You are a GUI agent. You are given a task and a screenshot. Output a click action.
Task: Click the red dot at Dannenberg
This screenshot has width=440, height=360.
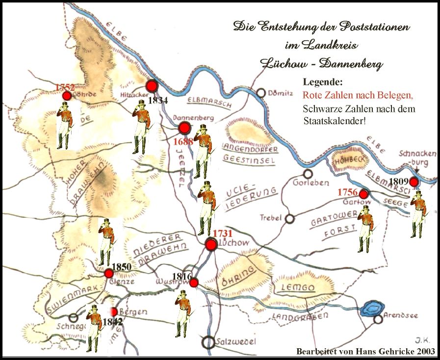(184, 129)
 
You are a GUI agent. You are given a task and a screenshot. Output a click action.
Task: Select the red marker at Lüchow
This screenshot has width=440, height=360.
(211, 245)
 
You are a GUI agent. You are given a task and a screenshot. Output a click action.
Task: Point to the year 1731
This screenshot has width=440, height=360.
(222, 234)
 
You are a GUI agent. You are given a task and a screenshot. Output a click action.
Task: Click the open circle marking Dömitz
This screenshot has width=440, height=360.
(261, 93)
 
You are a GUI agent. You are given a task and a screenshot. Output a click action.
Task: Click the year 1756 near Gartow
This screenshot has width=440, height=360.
(347, 192)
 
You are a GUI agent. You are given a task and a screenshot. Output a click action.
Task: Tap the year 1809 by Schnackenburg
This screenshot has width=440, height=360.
(398, 181)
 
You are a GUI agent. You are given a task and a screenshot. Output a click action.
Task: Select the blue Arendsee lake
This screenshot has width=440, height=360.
(371, 309)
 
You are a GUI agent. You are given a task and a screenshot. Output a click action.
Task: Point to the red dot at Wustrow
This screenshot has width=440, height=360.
(194, 283)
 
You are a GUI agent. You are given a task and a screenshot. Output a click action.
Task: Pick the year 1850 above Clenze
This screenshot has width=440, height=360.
(122, 267)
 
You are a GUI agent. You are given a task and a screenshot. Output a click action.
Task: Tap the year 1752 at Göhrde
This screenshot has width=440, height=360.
(65, 87)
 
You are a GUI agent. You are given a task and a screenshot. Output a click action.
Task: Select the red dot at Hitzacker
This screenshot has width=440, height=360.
(152, 86)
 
